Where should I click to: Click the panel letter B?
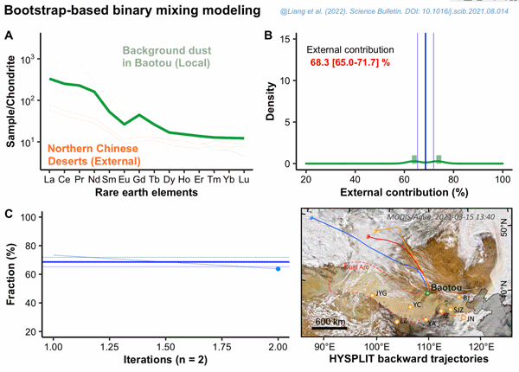click(x=269, y=35)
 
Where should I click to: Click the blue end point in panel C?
click(x=278, y=269)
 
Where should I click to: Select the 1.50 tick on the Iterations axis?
click(x=165, y=345)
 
